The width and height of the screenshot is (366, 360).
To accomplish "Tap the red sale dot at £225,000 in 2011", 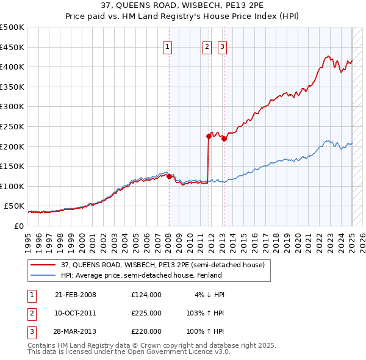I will click(x=209, y=137).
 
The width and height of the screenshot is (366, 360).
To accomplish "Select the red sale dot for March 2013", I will click(x=224, y=139).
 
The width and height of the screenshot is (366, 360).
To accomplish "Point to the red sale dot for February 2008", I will click(x=169, y=177).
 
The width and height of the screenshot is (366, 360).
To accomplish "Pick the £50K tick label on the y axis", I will click(x=14, y=206).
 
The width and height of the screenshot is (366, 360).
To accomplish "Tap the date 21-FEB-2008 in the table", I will click(x=75, y=295).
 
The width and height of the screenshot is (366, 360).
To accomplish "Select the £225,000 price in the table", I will click(x=146, y=313).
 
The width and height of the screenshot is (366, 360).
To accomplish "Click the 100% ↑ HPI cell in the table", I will click(x=208, y=331).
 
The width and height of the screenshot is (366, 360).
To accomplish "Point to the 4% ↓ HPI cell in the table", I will click(x=210, y=295).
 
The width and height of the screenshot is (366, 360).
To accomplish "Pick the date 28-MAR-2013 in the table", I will click(x=76, y=331).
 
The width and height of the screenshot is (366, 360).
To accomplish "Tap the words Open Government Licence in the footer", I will click(x=173, y=352).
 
